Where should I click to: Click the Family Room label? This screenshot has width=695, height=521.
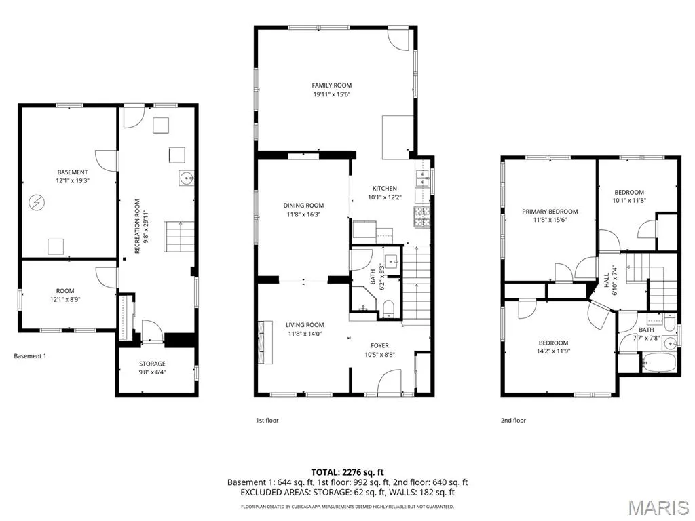click(x=331, y=85)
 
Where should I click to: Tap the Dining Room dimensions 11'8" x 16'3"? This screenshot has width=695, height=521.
click(x=303, y=214)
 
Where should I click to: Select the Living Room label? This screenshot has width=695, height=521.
click(x=305, y=325)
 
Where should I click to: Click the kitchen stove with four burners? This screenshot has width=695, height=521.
click(x=422, y=217)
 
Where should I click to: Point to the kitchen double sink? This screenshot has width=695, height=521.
click(x=423, y=178)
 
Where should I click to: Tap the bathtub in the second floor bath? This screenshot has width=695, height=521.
click(x=660, y=362)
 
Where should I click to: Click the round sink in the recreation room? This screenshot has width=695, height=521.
click(x=186, y=178)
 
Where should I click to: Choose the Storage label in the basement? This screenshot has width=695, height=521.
click(x=152, y=364)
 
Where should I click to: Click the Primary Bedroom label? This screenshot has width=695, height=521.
click(x=550, y=212)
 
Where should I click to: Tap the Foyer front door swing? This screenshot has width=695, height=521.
click(x=390, y=381)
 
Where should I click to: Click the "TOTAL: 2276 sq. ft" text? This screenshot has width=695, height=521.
click(x=347, y=472)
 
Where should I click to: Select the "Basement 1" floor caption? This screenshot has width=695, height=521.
click(x=30, y=355)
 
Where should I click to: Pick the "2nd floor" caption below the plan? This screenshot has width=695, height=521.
click(x=513, y=420)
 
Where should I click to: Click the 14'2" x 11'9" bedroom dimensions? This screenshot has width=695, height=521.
click(x=553, y=351)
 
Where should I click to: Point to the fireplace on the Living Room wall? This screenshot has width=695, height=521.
click(x=266, y=342)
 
